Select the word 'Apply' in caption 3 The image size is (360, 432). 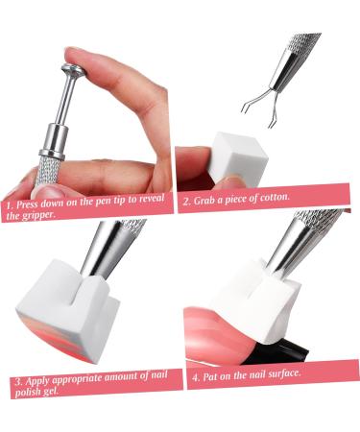[x=38, y=381]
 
